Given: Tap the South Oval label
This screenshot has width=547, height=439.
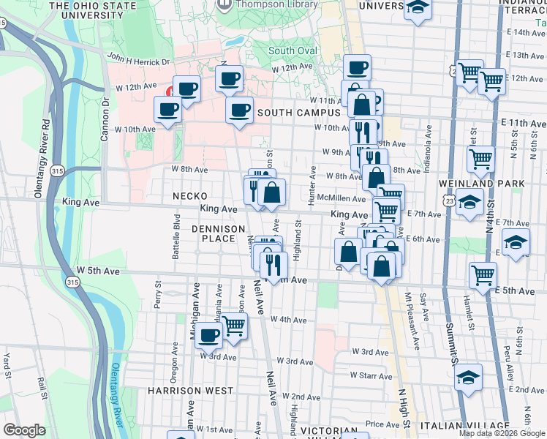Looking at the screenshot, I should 292,50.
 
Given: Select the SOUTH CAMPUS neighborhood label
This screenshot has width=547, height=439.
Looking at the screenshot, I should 299,113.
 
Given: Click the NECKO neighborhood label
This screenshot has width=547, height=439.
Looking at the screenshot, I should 189,196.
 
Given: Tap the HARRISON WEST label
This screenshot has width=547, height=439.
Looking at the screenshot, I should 190,391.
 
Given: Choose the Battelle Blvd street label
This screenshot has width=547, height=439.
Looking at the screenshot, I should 176,234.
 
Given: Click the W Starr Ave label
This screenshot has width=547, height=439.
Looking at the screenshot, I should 373,375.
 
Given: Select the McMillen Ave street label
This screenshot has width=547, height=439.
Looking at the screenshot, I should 346,198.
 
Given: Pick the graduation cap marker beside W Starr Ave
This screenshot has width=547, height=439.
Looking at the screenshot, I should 469,377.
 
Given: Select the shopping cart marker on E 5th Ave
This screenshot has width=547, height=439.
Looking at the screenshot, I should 483,275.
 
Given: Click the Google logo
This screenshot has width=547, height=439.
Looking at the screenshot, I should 24,430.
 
